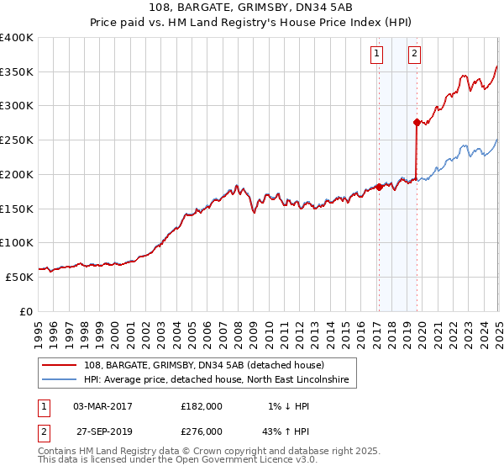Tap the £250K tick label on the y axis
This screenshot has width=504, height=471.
pos(17,140)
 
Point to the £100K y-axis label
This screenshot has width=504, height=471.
pos(17,242)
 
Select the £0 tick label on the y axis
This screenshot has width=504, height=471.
pos(26,311)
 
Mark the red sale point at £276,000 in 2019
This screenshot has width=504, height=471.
pos(417,122)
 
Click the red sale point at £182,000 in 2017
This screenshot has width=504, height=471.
pos(379,187)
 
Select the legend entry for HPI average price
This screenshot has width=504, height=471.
pos(220,380)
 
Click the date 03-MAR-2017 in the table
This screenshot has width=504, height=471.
pos(102,406)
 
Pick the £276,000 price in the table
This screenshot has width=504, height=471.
pos(202,431)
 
